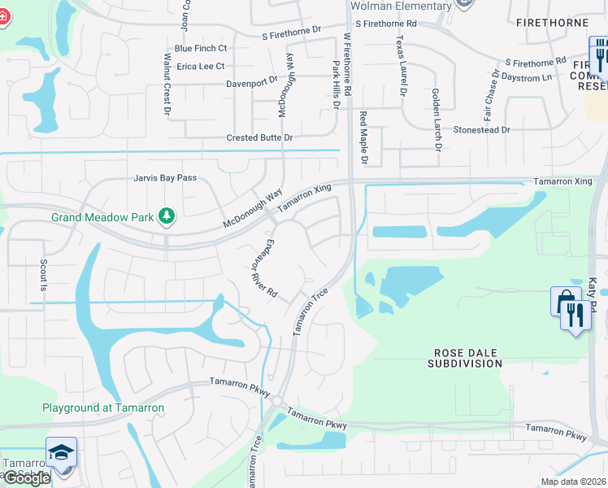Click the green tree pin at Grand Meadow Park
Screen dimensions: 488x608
(x=167, y=216)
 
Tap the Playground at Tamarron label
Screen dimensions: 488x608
(x=103, y=408)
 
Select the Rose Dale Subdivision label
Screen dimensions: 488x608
(x=465, y=358)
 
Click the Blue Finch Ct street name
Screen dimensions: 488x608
(x=195, y=49)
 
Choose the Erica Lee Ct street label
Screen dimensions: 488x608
(x=195, y=66)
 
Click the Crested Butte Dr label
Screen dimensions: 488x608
(x=258, y=138)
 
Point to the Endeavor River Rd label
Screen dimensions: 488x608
(x=262, y=271)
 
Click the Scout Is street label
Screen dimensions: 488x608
(x=43, y=276)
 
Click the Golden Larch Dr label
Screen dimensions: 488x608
(x=436, y=119)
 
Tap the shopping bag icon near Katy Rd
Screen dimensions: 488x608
(x=562, y=300)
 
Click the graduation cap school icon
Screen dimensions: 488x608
(x=61, y=452)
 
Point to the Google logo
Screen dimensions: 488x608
(x=27, y=478)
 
